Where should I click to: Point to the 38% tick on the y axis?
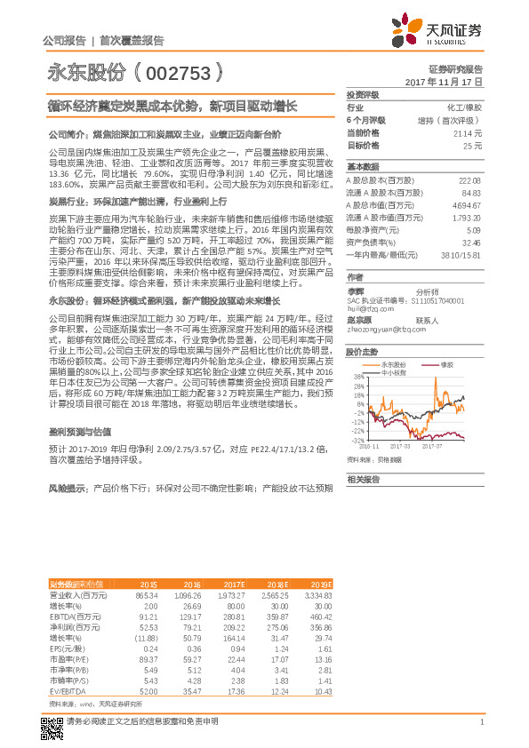[x=358, y=377]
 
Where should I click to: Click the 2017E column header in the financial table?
[x=230, y=584]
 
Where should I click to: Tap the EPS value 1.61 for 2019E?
[x=323, y=649]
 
